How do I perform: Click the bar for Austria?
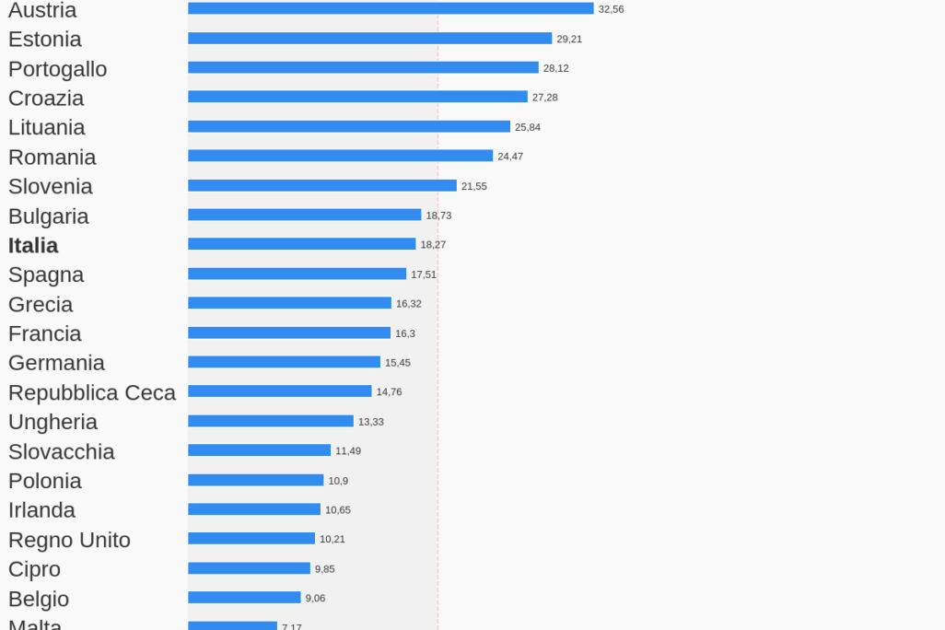(x=391, y=8)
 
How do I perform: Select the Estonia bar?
(x=369, y=39)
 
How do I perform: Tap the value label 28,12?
(x=555, y=68)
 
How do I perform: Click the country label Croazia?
(x=46, y=99)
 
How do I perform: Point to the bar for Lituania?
(x=349, y=127)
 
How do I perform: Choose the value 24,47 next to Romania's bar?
(x=510, y=157)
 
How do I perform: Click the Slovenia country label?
(x=51, y=187)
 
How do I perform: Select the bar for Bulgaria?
(x=304, y=215)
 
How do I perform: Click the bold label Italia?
(x=33, y=246)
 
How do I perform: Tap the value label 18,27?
(x=433, y=245)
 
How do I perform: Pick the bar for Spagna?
(x=297, y=274)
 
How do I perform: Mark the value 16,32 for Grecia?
(x=409, y=304)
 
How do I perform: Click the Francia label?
(x=45, y=333)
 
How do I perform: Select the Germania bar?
(x=284, y=362)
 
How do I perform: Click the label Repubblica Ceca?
(x=92, y=393)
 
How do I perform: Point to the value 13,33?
(x=371, y=422)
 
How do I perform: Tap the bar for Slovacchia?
(x=259, y=450)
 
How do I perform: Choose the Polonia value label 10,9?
(x=338, y=481)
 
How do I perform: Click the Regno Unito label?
(x=70, y=540)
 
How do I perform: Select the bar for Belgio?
(x=244, y=598)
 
